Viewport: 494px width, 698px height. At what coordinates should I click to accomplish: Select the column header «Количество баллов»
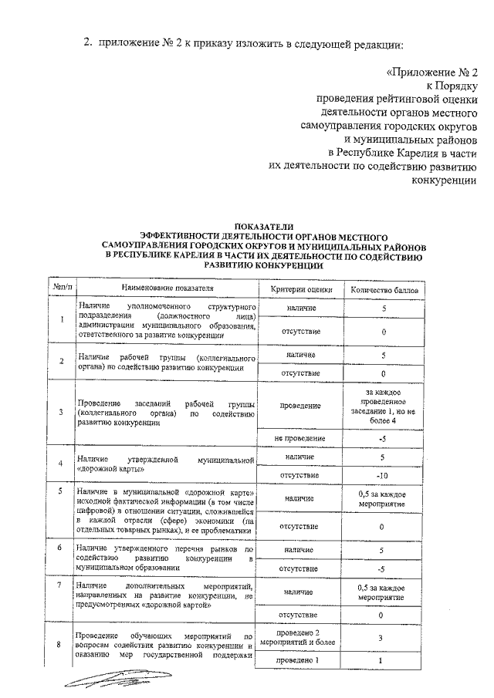pyautogui.click(x=384, y=289)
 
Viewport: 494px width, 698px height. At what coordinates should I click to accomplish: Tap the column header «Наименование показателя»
pyautogui.click(x=166, y=289)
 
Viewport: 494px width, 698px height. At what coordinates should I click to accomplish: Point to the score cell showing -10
pyautogui.click(x=384, y=474)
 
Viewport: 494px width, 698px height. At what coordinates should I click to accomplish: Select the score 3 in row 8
pyautogui.click(x=384, y=637)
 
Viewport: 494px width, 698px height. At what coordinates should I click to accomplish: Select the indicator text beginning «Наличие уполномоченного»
pyautogui.click(x=166, y=320)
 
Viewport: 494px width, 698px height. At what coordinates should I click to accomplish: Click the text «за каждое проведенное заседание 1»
pyautogui.click(x=384, y=406)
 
